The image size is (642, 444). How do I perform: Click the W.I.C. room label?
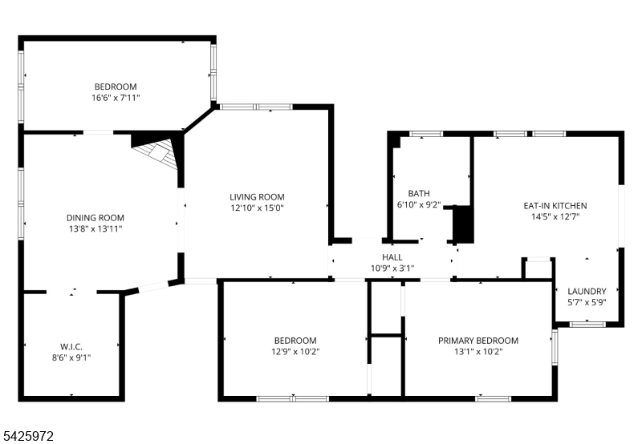[71, 347]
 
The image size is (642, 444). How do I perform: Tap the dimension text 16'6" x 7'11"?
[116, 98]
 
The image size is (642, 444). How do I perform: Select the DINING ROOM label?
[95, 218]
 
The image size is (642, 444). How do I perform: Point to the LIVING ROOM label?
[257, 197]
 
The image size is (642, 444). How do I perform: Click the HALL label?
[392, 257]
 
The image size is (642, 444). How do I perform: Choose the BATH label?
[419, 193]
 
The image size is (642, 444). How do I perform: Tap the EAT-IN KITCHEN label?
[555, 206]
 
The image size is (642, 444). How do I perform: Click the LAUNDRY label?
[587, 292]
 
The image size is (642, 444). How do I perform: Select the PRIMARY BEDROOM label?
[478, 341]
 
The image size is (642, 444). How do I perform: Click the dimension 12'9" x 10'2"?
[295, 352]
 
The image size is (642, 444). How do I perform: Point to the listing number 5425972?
[27, 436]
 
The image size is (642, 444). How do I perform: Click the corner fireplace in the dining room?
[157, 152]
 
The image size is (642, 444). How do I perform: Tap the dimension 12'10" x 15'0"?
[257, 208]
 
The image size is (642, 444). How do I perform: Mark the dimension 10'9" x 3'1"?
[392, 268]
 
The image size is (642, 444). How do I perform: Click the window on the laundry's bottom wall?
[587, 325]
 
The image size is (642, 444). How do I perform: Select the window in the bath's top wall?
[426, 134]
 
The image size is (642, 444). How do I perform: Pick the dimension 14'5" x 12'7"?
[555, 216]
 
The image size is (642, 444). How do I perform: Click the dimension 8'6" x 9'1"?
[71, 358]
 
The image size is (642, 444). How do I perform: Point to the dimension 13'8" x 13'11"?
[95, 229]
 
